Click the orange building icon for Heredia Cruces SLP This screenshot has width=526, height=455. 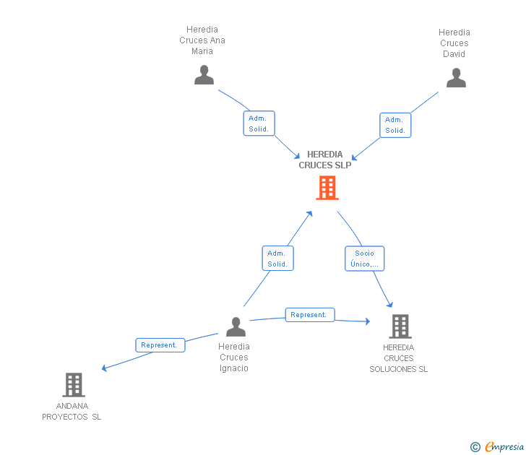(x=327, y=188)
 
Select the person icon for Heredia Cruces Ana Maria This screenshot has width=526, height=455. (x=204, y=75)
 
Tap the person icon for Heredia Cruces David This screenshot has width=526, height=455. (x=456, y=77)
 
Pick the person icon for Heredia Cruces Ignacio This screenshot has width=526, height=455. (x=236, y=326)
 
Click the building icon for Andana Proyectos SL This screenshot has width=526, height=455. (x=74, y=385)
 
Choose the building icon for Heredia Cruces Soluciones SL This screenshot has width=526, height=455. (x=400, y=326)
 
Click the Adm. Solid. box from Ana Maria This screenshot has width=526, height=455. (x=259, y=123)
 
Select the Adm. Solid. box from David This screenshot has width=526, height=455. (x=395, y=125)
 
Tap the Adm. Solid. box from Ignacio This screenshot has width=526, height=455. (x=277, y=258)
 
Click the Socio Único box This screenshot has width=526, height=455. (x=365, y=259)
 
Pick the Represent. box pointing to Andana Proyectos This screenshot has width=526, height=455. (x=160, y=345)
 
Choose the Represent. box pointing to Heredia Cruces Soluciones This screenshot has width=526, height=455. (x=310, y=315)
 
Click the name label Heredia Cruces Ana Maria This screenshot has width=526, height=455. (x=202, y=40)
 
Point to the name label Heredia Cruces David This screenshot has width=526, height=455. (x=454, y=43)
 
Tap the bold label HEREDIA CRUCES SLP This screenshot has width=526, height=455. (x=324, y=160)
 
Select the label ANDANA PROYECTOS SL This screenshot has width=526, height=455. (x=72, y=412)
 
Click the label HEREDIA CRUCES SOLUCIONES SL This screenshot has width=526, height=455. (x=399, y=358)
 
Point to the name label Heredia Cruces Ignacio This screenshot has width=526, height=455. (x=234, y=357)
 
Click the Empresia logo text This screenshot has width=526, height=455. (x=504, y=446)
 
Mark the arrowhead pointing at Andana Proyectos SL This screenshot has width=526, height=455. (x=104, y=368)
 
